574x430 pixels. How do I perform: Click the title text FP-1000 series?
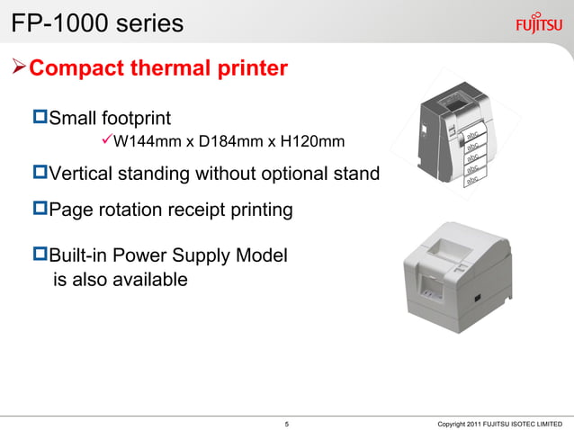97,22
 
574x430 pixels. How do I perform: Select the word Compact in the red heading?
78,68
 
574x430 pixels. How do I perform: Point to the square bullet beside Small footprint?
39,117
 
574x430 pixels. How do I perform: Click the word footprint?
136,118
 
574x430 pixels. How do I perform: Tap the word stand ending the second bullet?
356,173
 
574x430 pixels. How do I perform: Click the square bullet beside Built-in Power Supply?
39,255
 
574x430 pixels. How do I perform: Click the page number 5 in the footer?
286,423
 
